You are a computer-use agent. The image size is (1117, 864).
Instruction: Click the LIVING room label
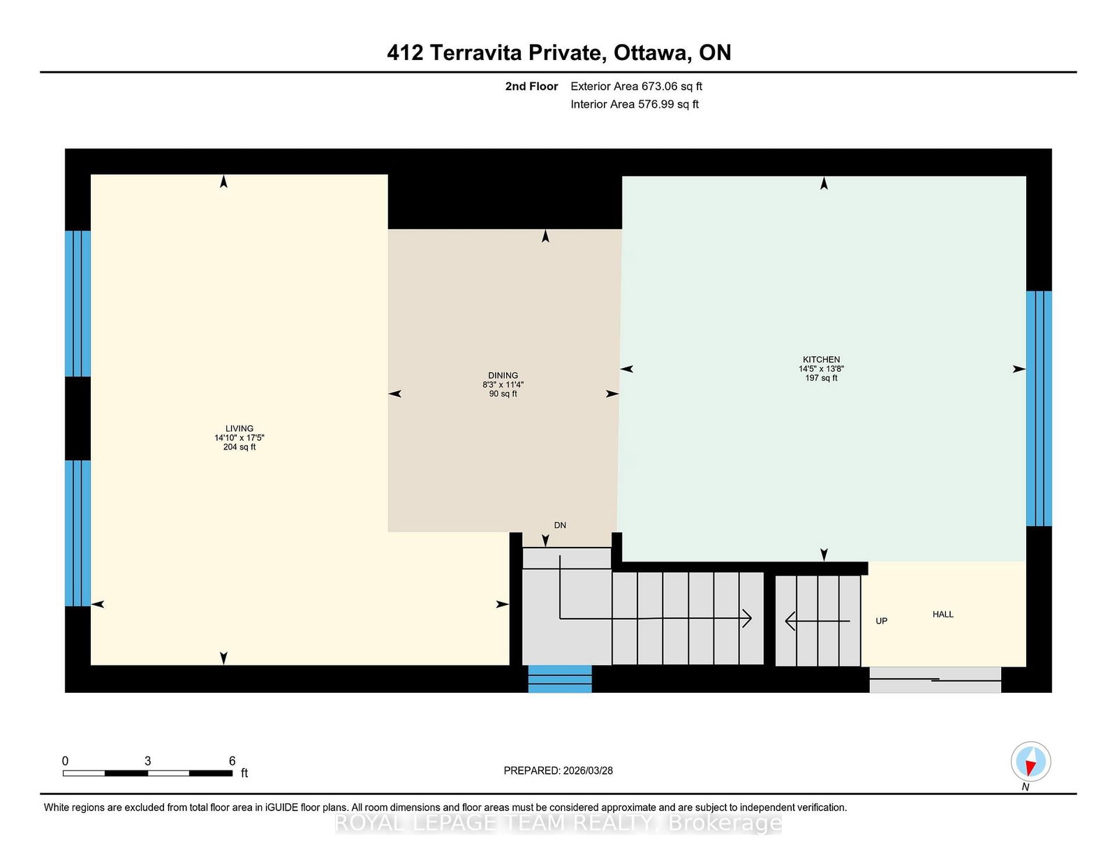(239, 428)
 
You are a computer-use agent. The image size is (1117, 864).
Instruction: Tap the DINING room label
(503, 376)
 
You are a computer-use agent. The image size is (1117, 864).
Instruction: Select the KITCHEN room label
(822, 360)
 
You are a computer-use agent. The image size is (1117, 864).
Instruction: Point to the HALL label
(942, 614)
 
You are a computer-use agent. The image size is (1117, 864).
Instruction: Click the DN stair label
(560, 525)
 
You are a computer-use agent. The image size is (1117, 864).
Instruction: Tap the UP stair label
(882, 621)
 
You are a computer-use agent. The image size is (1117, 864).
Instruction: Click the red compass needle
(1030, 768)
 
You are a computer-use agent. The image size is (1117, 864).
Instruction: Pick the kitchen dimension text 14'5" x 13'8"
(822, 369)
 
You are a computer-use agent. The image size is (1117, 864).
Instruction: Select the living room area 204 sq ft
(239, 447)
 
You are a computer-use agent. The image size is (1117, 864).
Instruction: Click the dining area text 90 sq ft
(503, 394)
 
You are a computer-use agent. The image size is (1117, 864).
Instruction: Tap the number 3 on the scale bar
(147, 761)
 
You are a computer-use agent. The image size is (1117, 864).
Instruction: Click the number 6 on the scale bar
(232, 761)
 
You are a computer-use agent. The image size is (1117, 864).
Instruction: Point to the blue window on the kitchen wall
(1039, 409)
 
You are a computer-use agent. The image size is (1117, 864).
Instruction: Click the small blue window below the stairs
(560, 679)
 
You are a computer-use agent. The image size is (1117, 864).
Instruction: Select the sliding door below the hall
(935, 680)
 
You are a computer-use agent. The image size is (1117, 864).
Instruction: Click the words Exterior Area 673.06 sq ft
(637, 87)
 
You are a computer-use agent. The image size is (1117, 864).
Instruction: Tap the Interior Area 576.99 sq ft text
(635, 104)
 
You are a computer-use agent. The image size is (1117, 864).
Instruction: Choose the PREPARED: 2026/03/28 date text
(558, 770)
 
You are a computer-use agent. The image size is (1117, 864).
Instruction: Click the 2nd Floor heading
(531, 87)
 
